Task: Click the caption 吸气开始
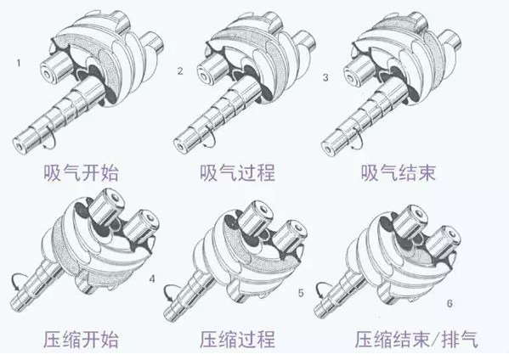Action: click(x=82, y=172)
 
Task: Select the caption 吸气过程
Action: click(x=237, y=172)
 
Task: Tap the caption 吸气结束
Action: click(x=398, y=172)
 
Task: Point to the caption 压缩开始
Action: click(x=82, y=340)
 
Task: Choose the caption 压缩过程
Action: click(x=237, y=340)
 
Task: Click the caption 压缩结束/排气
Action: click(x=416, y=340)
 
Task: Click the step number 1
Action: click(x=19, y=63)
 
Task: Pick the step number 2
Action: click(x=180, y=71)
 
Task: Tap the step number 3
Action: click(x=325, y=77)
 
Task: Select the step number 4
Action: click(x=152, y=278)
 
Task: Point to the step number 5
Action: click(x=301, y=293)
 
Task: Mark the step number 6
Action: click(x=450, y=304)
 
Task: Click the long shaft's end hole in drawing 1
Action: click(x=19, y=147)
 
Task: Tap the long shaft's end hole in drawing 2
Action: click(x=178, y=147)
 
